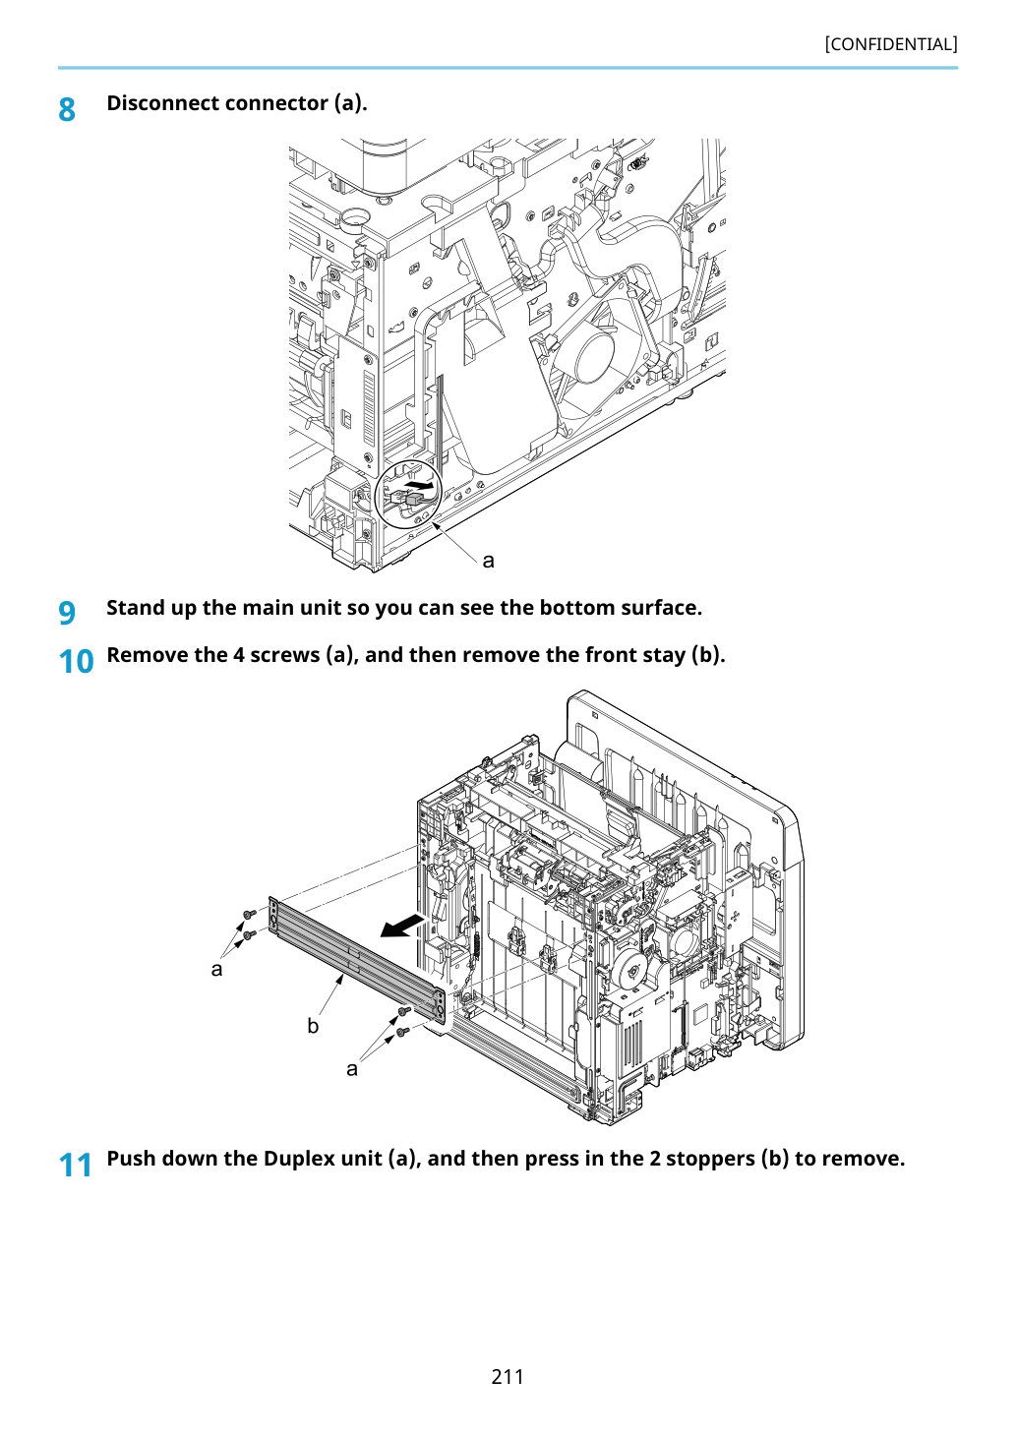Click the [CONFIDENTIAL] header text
click(890, 44)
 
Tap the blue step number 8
click(67, 109)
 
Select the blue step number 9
click(67, 613)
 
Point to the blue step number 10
click(76, 661)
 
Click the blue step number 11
click(76, 1165)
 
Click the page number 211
click(508, 1376)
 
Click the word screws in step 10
click(284, 655)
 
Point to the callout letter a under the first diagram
click(489, 561)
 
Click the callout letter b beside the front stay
click(313, 1026)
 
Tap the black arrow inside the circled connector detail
click(421, 483)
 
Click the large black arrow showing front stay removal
click(403, 926)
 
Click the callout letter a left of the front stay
click(217, 970)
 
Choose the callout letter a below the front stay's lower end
click(352, 1069)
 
